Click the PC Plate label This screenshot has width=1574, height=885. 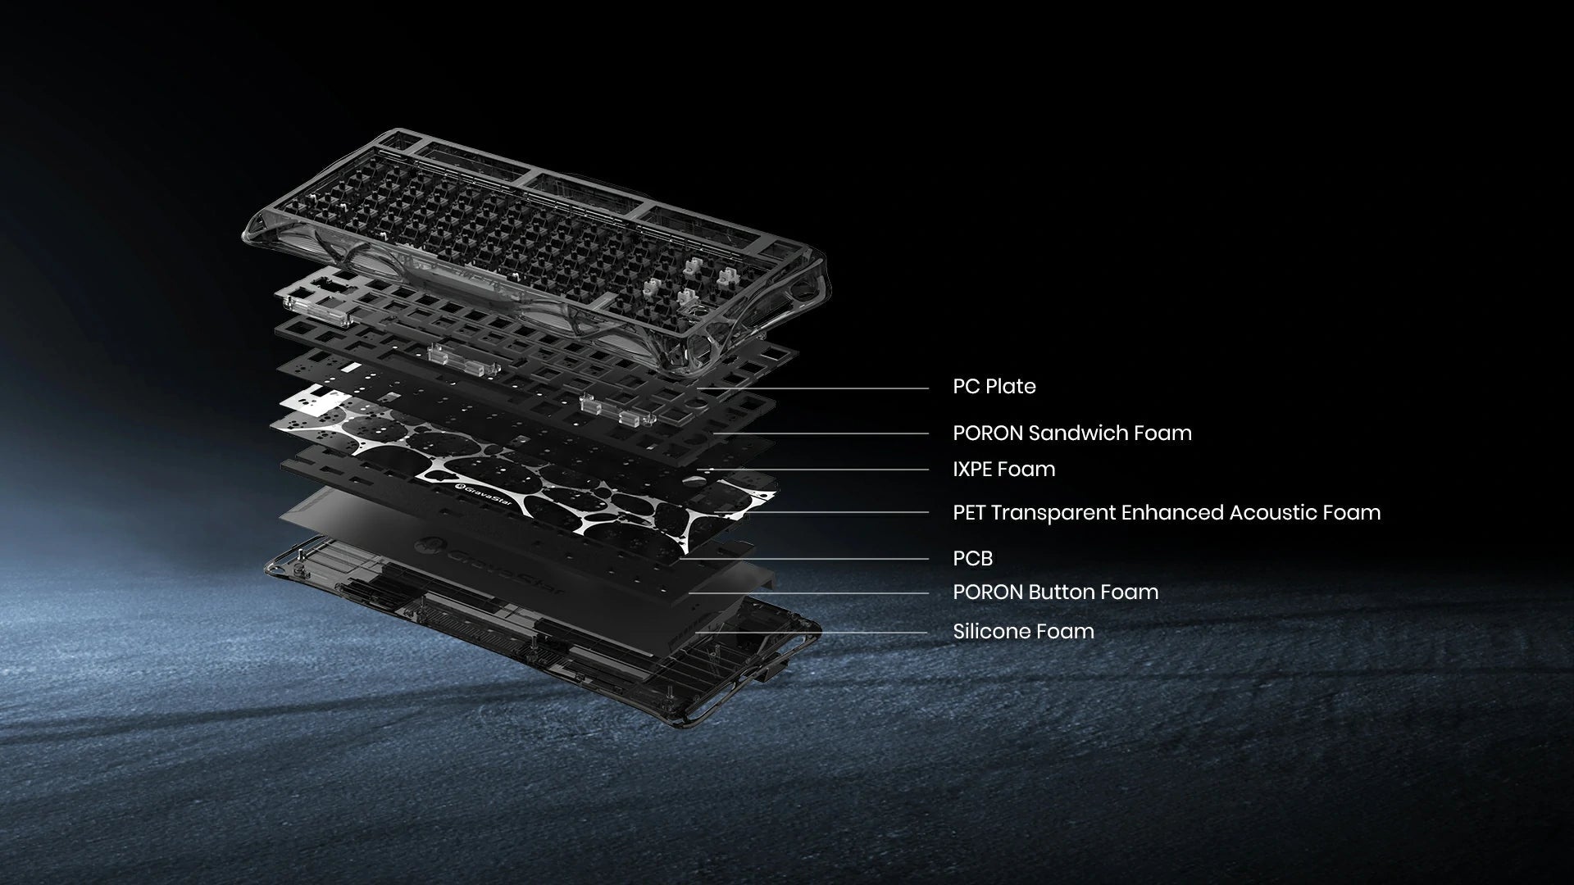[x=994, y=386]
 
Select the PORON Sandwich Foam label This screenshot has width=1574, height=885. [x=1072, y=433]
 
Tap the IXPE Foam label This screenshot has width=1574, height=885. [x=1004, y=469]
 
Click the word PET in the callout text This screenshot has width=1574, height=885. [x=969, y=512]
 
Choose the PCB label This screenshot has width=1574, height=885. [x=973, y=558]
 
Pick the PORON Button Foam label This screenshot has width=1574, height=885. [x=1056, y=592]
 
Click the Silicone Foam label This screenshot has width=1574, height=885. [x=1024, y=631]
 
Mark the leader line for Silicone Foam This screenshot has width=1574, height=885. [x=812, y=633]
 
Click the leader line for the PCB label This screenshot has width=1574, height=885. [x=804, y=560]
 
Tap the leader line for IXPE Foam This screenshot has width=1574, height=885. [x=815, y=470]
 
